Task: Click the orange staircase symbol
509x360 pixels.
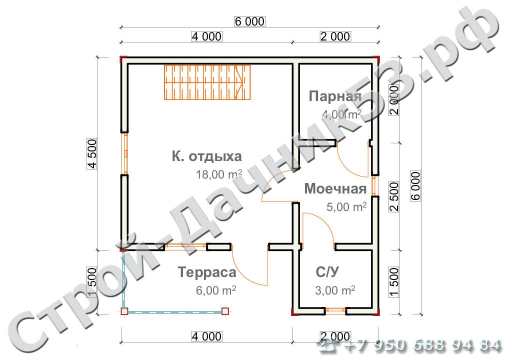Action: (207, 82)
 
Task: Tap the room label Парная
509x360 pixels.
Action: (334, 96)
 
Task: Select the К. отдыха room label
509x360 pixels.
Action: (207, 156)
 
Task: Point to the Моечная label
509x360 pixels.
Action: (335, 188)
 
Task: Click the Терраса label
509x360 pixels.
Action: (207, 272)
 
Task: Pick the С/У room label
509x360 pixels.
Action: (327, 272)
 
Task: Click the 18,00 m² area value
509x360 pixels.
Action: (219, 174)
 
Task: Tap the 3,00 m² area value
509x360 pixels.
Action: (335, 290)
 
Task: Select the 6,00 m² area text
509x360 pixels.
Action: (216, 290)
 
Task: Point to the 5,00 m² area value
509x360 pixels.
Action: (346, 207)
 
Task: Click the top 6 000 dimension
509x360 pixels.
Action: (249, 21)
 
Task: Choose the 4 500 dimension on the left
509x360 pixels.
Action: (92, 154)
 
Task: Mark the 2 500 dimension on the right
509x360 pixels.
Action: (394, 196)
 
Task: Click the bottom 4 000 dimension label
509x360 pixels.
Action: (207, 336)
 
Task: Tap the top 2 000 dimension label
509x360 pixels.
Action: (335, 36)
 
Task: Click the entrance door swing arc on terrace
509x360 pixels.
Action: (245, 271)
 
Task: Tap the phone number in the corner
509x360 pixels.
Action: (410, 346)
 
